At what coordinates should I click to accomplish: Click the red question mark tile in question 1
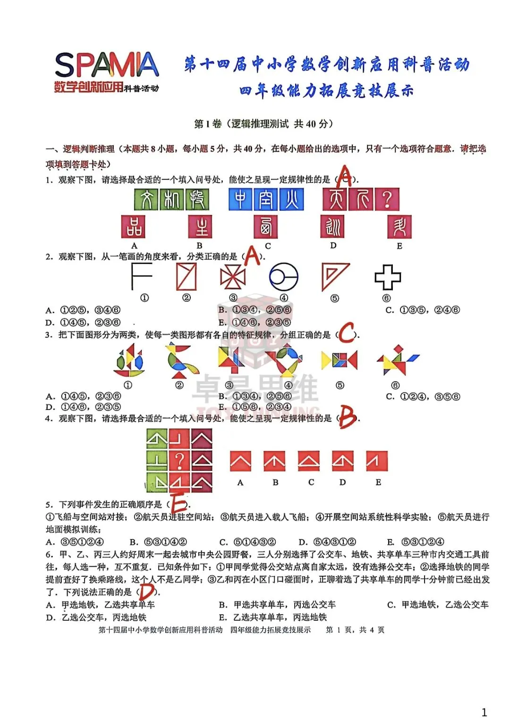(x=387, y=199)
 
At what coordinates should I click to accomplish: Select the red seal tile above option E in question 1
(x=399, y=227)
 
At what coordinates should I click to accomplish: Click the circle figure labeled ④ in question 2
(x=283, y=277)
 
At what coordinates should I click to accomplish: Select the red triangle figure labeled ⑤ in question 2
(x=334, y=277)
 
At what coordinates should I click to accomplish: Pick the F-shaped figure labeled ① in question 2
(x=141, y=276)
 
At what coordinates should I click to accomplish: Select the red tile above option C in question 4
(x=309, y=461)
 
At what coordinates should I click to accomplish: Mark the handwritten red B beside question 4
(x=348, y=418)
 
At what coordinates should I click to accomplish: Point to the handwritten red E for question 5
(x=179, y=503)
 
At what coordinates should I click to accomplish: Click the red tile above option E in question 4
(x=376, y=461)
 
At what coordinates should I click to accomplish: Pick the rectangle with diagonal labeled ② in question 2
(x=186, y=277)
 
